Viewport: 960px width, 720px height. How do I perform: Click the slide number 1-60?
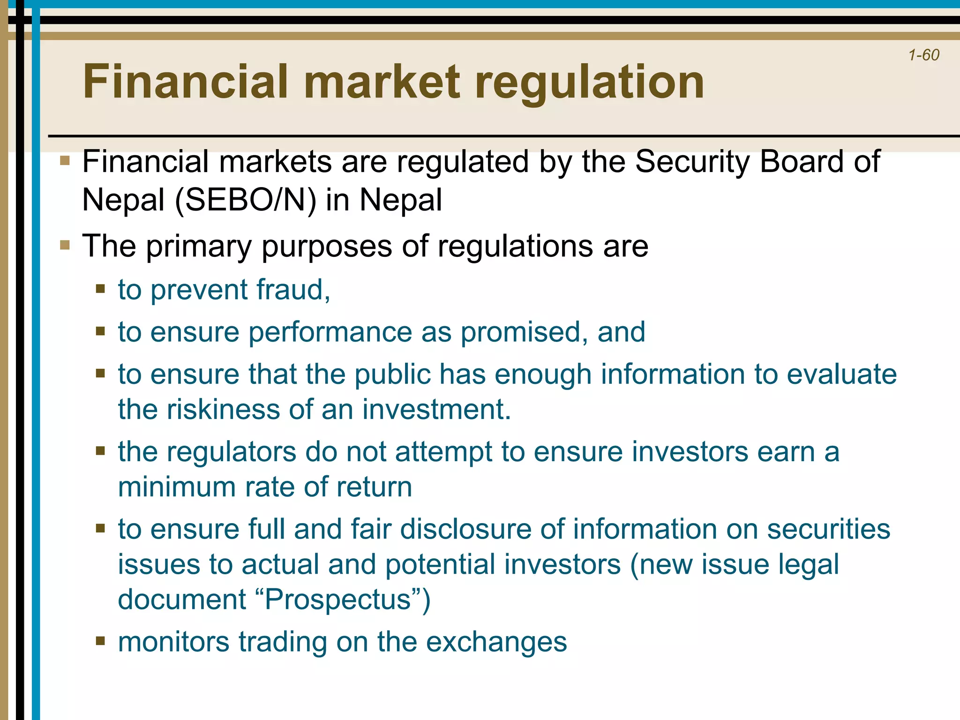point(923,55)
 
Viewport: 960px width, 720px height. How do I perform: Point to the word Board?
point(801,162)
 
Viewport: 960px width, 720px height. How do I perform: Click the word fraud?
point(293,290)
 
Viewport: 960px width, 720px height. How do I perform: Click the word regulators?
point(232,452)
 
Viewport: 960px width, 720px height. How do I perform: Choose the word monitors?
point(173,642)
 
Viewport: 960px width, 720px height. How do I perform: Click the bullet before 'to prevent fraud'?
point(100,289)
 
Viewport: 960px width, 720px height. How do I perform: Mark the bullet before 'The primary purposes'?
point(65,245)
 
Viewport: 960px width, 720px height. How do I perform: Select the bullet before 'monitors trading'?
point(100,641)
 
